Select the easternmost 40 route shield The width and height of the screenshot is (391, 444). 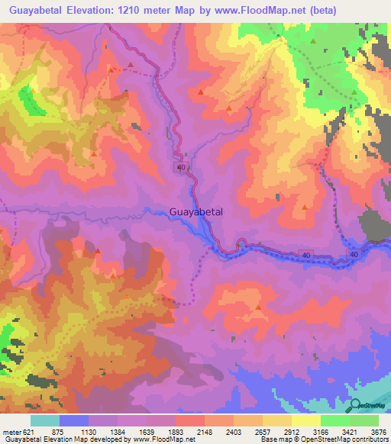354,253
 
